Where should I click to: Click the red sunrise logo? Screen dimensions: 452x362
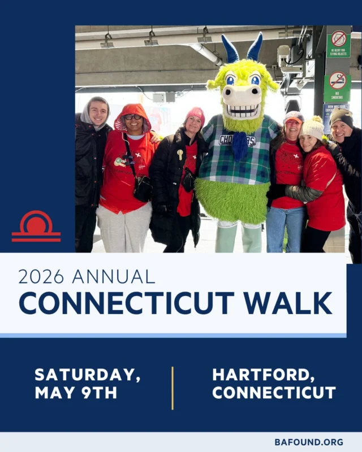coord(36,227)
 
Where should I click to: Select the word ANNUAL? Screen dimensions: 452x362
coord(113,277)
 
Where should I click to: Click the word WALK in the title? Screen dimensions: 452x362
coord(292,303)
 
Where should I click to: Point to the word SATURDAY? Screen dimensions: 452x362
coord(87,375)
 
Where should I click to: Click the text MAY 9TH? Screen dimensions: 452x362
coord(76,393)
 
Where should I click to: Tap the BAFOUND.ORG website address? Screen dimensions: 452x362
coord(309,442)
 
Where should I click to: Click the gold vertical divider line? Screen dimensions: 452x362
coord(173,388)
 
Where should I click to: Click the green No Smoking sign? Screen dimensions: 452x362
coord(338,85)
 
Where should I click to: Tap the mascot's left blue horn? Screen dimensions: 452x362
coord(230,49)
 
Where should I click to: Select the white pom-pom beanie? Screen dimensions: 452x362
coord(312,127)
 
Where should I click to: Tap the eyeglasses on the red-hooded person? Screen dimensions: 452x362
coord(133,117)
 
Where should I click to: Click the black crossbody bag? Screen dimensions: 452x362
coord(142,188)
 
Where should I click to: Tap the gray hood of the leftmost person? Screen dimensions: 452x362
coord(87,111)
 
